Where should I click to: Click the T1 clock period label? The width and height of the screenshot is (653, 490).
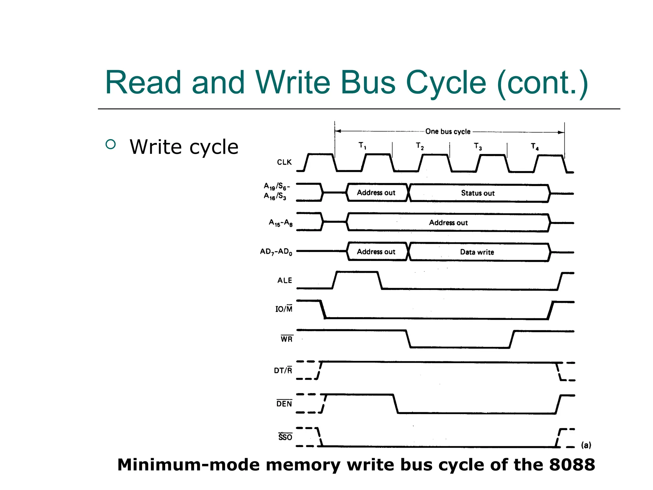[363, 146]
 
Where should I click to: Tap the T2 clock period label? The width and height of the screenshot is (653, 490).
[420, 146]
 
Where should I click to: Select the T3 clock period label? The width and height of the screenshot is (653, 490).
[478, 146]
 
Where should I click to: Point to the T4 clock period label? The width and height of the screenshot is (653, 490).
[535, 147]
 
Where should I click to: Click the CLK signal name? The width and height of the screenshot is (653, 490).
[284, 162]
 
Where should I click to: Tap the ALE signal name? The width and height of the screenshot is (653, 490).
[285, 280]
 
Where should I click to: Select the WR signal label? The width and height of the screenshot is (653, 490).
[287, 339]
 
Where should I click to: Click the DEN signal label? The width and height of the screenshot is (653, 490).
[284, 404]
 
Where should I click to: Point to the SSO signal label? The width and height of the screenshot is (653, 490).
[285, 437]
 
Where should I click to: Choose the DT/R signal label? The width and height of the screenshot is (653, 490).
[283, 370]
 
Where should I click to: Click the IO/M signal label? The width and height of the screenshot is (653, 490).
[284, 309]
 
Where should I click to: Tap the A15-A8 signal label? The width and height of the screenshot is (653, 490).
[281, 223]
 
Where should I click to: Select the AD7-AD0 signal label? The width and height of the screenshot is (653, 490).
[276, 252]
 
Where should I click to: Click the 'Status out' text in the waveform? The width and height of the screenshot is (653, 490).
[478, 193]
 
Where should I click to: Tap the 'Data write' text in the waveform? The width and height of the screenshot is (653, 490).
[477, 252]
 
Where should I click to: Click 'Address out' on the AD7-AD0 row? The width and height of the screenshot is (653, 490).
[376, 252]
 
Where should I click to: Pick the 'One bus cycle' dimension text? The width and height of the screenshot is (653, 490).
[448, 131]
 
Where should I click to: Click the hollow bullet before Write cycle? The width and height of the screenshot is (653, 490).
[111, 145]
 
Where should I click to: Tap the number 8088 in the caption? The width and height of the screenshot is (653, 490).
[572, 464]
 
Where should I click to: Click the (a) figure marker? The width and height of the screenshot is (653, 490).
[586, 445]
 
